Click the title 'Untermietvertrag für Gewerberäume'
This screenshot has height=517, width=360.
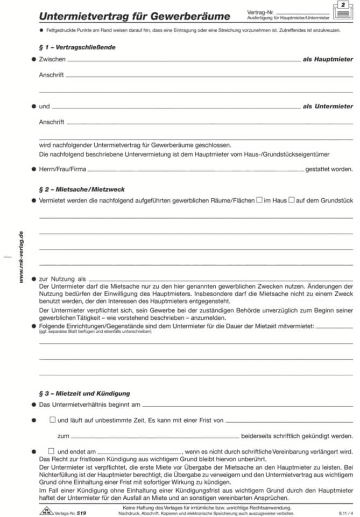click(x=135, y=16)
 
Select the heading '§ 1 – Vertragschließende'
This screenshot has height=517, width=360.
click(x=77, y=47)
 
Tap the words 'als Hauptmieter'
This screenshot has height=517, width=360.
click(x=328, y=59)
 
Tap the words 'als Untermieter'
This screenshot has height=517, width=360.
click(x=328, y=107)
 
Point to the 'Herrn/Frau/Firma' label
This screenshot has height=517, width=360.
click(x=62, y=169)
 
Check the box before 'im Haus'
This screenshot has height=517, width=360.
click(x=259, y=200)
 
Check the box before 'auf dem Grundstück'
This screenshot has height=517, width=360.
click(x=292, y=200)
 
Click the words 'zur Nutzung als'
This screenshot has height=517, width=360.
click(x=62, y=279)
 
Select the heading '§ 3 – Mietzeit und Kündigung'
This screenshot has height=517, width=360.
click(x=84, y=394)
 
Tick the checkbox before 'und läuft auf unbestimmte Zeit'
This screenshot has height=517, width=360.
click(x=52, y=419)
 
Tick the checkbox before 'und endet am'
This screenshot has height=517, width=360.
click(x=52, y=451)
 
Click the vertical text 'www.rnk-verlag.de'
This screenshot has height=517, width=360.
click(x=21, y=257)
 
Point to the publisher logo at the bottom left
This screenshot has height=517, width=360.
click(x=46, y=511)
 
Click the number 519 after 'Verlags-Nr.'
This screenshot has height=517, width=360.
click(x=81, y=513)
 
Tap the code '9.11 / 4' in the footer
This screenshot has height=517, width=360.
click(x=346, y=513)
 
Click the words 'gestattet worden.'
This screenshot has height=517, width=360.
click(x=329, y=169)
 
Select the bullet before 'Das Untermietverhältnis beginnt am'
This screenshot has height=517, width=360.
click(x=33, y=404)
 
